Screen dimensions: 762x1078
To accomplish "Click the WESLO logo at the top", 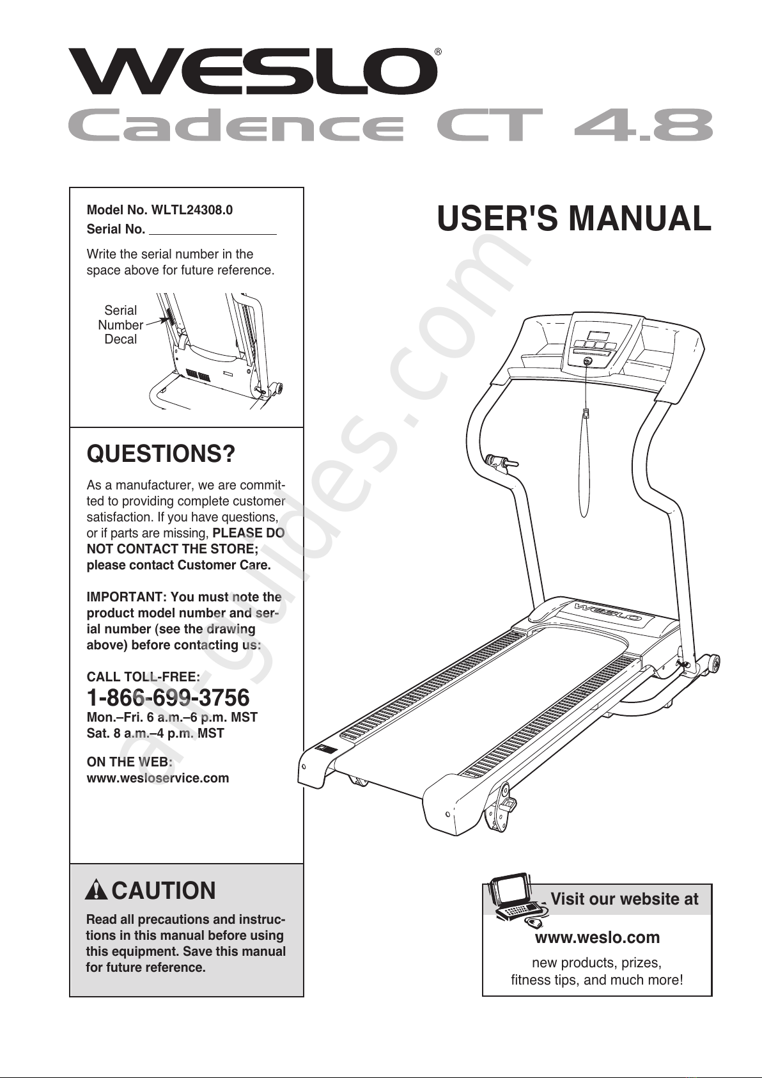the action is (253, 72).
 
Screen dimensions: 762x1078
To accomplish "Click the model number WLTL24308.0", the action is (192, 210).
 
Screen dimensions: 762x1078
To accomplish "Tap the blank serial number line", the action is (213, 234).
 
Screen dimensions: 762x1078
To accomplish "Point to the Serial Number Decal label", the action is (121, 325).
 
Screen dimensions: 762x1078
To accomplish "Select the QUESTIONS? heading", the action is (161, 454).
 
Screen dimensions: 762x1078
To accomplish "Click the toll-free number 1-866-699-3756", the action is (168, 697).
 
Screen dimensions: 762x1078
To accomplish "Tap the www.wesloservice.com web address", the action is (158, 778).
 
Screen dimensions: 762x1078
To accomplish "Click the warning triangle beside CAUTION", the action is (96, 890).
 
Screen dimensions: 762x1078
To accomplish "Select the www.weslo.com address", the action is (597, 937).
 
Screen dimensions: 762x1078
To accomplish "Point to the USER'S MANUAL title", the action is (574, 219).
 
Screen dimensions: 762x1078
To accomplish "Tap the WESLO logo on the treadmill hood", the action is (608, 612).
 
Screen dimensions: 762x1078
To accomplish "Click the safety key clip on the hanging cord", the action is (586, 413).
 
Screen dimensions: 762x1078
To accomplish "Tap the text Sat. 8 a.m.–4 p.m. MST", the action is (155, 733).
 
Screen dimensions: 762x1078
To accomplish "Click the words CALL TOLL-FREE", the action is (143, 677).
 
